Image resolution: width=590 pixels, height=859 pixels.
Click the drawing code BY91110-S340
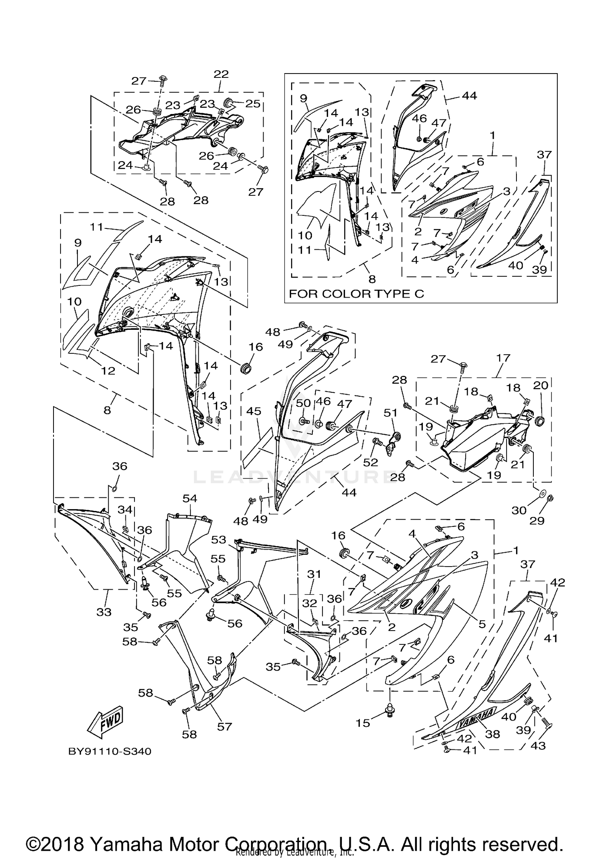point(110,751)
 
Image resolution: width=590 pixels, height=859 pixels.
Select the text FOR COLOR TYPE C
point(356,294)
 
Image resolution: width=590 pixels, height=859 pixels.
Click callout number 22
point(221,74)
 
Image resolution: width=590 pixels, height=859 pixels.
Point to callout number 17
point(503,358)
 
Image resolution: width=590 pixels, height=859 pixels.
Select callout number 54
point(190,498)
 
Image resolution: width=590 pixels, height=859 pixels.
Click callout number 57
point(225,727)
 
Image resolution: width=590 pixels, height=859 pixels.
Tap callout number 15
point(363,723)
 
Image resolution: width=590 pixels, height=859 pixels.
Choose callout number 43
point(538,745)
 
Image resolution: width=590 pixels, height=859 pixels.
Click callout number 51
point(391,413)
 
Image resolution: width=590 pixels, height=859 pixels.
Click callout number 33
point(104,612)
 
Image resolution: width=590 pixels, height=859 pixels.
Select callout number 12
point(108,371)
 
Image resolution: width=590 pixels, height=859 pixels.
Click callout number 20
point(540,385)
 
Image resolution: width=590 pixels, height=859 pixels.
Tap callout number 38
point(492,734)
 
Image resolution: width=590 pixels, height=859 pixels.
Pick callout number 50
point(304,403)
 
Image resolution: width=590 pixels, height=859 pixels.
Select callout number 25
point(253,103)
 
